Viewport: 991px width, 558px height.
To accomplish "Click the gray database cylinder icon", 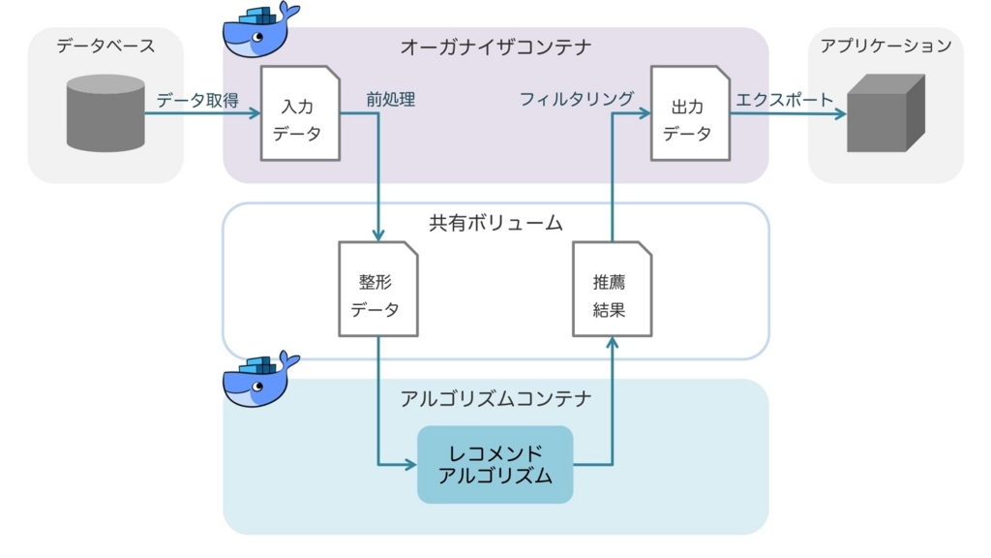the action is (x=105, y=113).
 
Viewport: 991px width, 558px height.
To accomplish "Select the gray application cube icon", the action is (x=886, y=113).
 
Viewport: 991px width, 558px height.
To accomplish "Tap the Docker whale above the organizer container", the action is (x=260, y=29).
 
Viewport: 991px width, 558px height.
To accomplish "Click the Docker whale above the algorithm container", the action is (x=260, y=379).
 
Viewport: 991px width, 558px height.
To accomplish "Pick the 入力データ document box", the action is (x=300, y=113).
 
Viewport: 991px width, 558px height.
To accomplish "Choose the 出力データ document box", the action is (x=690, y=113).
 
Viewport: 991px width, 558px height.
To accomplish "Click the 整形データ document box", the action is (x=378, y=289).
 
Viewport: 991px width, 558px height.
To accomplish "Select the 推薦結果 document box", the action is (x=612, y=289).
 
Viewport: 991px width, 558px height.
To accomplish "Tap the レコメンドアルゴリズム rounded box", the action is (x=495, y=465).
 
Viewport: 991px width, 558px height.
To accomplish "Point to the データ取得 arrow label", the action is (x=197, y=100).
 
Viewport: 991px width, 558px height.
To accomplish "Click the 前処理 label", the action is (x=391, y=100).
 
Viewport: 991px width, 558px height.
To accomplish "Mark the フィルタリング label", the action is (x=577, y=99).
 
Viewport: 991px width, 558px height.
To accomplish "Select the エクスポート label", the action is (x=784, y=100).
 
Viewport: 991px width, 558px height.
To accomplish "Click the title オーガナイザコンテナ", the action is (x=495, y=46).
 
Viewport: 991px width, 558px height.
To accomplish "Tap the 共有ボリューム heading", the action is (x=495, y=223).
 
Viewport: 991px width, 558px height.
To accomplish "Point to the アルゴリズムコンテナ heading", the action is (x=495, y=398).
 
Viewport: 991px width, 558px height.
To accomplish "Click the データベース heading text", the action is (x=105, y=46).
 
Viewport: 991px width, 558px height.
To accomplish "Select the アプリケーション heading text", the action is (x=886, y=46).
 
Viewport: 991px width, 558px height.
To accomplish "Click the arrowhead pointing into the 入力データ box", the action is (x=255, y=113).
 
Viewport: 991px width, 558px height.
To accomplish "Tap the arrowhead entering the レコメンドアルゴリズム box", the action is (x=411, y=465).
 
